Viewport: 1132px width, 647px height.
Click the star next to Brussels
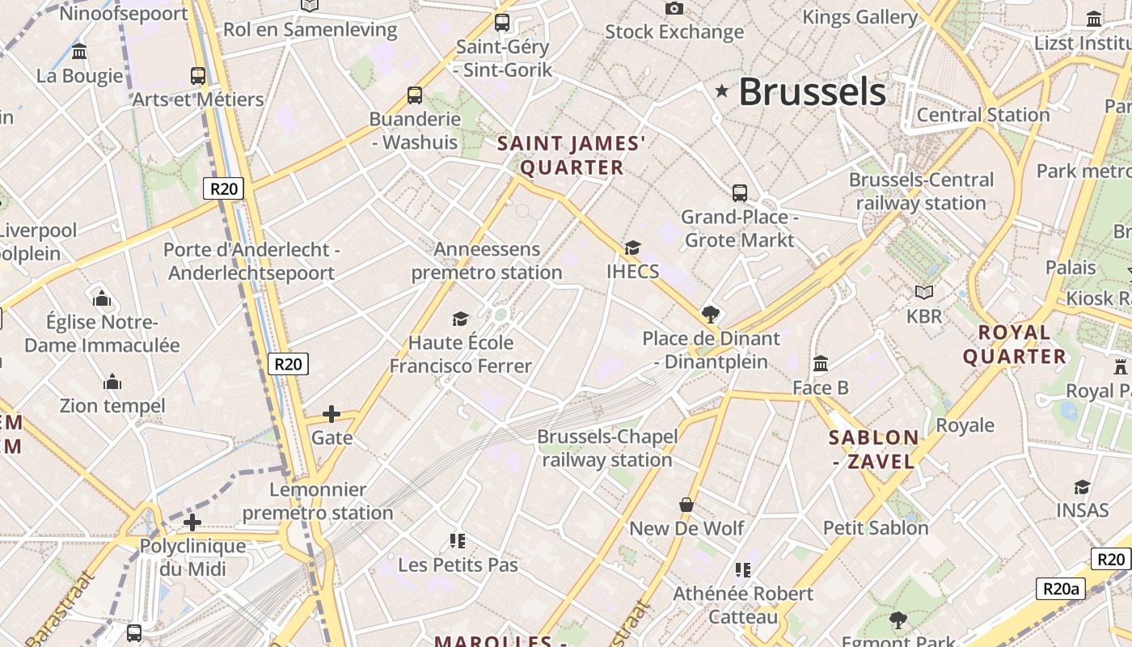(722, 92)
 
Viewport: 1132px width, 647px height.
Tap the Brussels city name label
(812, 91)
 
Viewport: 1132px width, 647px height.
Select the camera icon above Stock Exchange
(674, 9)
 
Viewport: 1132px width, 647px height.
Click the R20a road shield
(1059, 588)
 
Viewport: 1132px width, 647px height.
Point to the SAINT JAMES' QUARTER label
(572, 155)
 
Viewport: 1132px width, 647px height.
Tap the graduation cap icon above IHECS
(632, 247)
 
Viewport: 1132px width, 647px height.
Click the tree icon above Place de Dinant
(712, 314)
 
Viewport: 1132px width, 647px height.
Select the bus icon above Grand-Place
(740, 193)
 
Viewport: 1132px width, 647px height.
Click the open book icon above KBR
(924, 292)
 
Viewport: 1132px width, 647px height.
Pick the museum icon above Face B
(821, 364)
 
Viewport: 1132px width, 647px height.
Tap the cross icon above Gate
(332, 414)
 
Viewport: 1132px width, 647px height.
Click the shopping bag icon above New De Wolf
(686, 505)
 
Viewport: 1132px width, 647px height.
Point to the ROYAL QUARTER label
(1015, 345)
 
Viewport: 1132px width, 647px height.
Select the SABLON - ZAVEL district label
(874, 450)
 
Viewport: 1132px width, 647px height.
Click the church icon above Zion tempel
(112, 382)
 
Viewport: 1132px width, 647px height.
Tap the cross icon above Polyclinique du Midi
(192, 522)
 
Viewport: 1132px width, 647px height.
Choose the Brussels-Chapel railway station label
(607, 448)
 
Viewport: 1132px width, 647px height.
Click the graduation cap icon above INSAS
(1082, 487)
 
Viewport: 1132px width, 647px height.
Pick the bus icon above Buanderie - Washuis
(415, 95)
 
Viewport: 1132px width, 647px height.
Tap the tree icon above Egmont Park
(898, 620)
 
